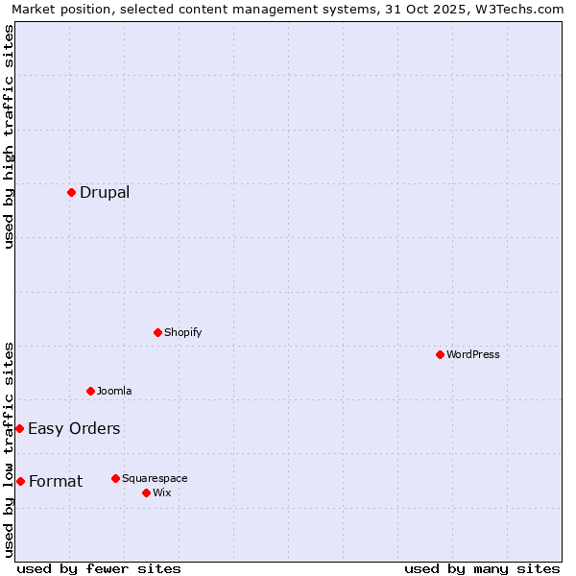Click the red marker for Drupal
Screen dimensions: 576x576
tap(71, 192)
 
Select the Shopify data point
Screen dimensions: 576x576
tap(157, 332)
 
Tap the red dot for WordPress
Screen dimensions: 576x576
tap(440, 354)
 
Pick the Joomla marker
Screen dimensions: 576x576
tap(90, 391)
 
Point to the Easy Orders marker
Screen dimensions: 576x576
tap(19, 428)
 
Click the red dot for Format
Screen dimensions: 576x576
tap(20, 481)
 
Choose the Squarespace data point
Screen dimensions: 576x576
tap(115, 478)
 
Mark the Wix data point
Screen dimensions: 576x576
tap(146, 492)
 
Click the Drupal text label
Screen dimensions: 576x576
tap(105, 192)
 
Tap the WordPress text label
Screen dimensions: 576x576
tap(473, 354)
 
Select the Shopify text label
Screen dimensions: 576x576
tap(182, 332)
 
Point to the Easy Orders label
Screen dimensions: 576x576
tap(74, 428)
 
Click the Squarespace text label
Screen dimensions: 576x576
tap(155, 478)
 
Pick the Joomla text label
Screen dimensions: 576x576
tap(114, 391)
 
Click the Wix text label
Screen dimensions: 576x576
tap(161, 492)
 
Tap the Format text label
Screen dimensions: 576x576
tap(56, 481)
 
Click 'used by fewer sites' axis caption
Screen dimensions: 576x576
tap(99, 568)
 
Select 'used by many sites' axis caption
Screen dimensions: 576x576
tap(482, 568)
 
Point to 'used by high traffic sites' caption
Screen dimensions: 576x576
tap(10, 136)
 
